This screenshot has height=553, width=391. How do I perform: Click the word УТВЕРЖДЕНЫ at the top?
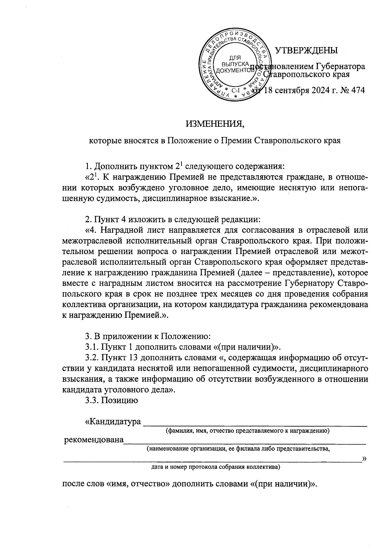[306, 51]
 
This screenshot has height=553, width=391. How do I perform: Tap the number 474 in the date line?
[356, 90]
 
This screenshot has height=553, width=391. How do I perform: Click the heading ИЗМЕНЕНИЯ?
[215, 124]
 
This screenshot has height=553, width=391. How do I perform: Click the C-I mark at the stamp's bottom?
[235, 91]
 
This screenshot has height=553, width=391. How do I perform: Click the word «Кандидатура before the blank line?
[113, 422]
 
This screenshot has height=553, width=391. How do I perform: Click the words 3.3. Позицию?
[111, 400]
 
